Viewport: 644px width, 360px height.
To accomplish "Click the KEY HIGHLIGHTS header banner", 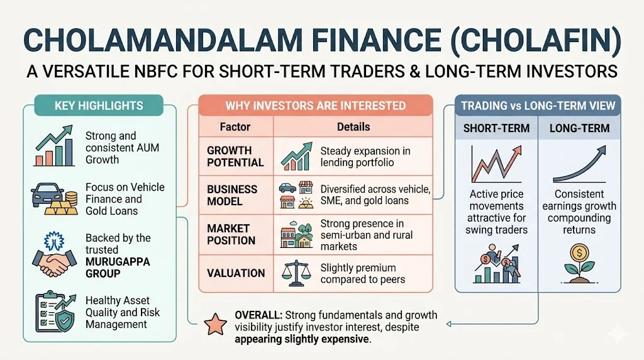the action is tap(99, 105).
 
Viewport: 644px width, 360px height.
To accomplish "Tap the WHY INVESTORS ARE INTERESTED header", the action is tap(316, 105).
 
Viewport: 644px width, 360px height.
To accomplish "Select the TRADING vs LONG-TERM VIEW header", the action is tap(538, 105).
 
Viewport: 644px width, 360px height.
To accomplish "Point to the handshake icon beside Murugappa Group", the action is tap(54, 256).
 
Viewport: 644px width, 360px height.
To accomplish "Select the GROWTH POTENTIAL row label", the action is tap(235, 157).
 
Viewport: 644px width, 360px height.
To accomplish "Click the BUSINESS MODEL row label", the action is tap(232, 195).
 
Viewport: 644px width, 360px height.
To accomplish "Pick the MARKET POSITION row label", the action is tap(231, 234).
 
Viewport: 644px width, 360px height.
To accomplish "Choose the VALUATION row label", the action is tap(236, 273).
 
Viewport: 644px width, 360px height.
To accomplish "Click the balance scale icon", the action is tap(296, 273).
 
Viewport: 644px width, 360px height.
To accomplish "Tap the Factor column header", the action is tap(235, 127).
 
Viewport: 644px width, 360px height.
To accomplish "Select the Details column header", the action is tap(353, 127).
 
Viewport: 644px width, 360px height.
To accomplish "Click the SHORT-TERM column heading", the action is tap(496, 128).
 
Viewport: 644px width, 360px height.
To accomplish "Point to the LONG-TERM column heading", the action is tap(579, 128).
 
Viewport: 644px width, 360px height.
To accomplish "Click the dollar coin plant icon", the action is tap(579, 264).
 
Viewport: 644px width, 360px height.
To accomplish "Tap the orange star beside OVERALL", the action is tap(215, 324).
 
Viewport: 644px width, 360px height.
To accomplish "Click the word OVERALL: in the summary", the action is tap(258, 315).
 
